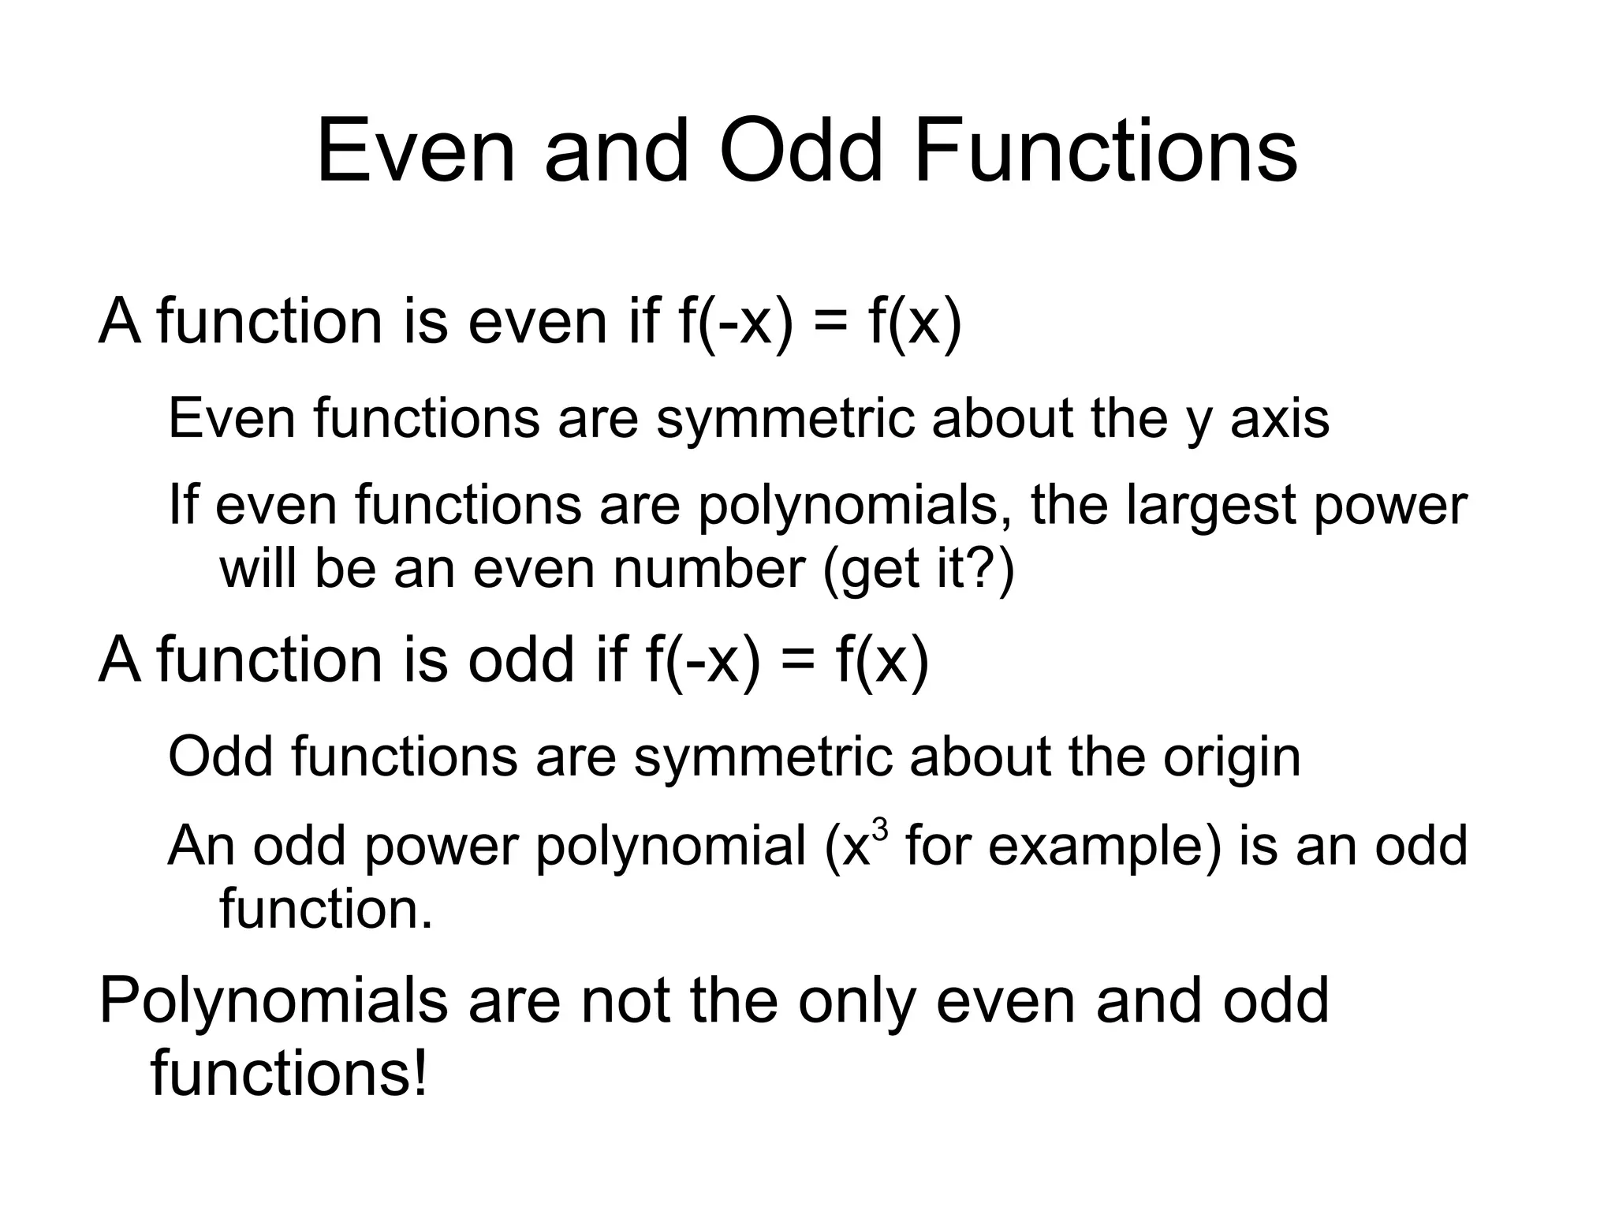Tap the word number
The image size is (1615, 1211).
click(709, 569)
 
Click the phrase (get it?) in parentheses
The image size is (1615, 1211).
click(918, 569)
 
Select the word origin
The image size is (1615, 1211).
click(1231, 757)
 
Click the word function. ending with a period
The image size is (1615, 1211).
click(326, 909)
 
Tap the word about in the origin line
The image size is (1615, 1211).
click(980, 757)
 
